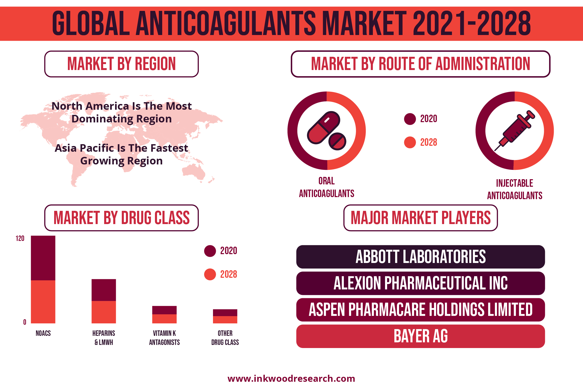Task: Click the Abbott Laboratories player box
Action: (421, 257)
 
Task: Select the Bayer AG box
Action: (421, 336)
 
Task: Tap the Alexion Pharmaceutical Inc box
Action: (421, 283)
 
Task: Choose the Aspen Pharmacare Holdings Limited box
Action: (421, 310)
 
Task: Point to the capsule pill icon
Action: (323, 128)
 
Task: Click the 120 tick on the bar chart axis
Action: (20, 238)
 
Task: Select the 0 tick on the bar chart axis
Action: (25, 322)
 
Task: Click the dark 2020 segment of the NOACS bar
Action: (43, 258)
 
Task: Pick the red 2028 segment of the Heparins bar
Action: (104, 312)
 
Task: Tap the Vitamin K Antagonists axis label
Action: (164, 338)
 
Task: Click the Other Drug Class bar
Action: (225, 316)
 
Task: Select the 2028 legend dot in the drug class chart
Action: (210, 274)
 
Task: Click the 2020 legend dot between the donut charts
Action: (410, 119)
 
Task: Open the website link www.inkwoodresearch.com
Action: (291, 379)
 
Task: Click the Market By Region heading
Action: (122, 64)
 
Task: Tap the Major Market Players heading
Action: (421, 218)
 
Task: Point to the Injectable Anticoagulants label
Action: (515, 189)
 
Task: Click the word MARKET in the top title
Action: (364, 23)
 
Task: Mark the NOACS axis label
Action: (43, 333)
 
